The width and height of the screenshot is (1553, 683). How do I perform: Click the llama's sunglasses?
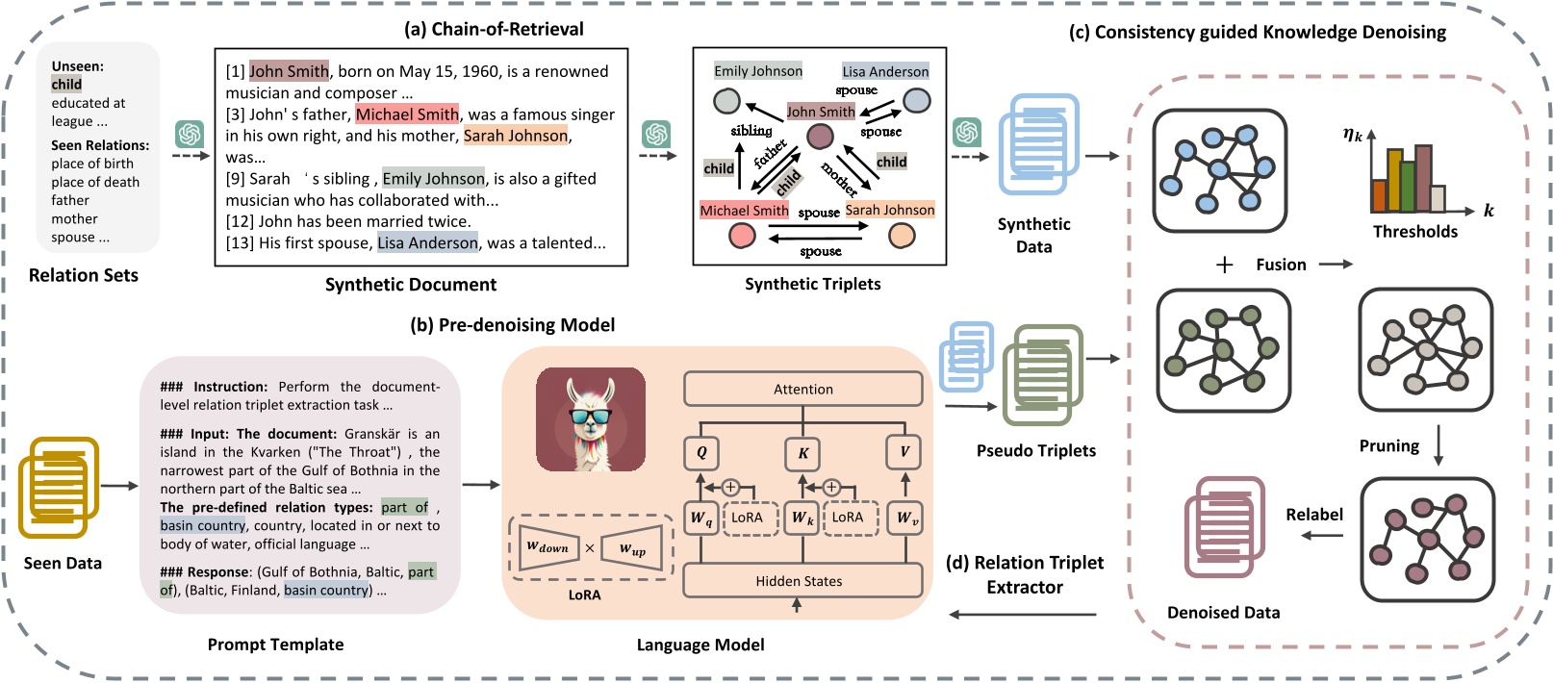pos(589,417)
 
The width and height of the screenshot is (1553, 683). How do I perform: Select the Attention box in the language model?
pos(802,390)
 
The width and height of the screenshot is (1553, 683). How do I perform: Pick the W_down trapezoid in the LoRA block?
pos(547,547)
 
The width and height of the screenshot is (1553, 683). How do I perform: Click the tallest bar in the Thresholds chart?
pos(1423,178)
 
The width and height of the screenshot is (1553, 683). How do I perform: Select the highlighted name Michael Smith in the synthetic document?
pos(407,114)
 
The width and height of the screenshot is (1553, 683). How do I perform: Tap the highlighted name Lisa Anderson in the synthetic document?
pos(427,243)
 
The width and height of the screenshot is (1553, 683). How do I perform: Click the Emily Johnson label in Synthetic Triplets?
pos(758,71)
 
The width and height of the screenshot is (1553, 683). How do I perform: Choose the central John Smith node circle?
pos(820,136)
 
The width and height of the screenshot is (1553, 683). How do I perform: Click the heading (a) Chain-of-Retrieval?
pos(494,29)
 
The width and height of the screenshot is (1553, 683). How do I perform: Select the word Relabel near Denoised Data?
pos(1313,515)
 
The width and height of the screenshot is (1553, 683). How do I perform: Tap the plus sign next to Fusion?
pos(1224,265)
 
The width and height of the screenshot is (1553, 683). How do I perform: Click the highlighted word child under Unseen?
pos(66,85)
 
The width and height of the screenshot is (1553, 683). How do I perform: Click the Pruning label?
pos(1388,445)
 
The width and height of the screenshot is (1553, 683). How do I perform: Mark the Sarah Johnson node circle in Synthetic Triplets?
pos(902,236)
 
